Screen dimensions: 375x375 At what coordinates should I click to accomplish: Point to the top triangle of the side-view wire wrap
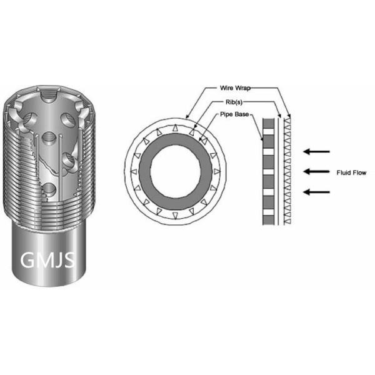coord(287,117)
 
